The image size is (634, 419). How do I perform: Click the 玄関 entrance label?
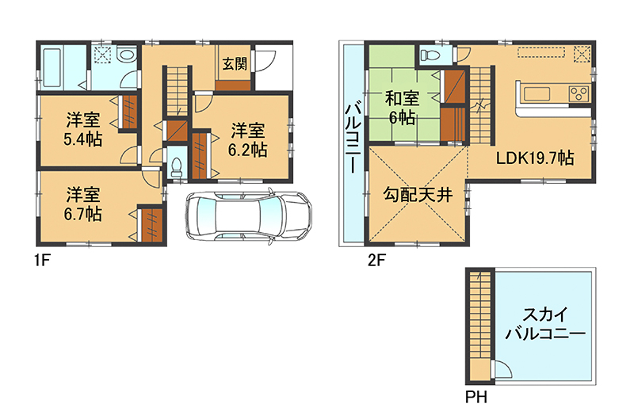[x=235, y=63]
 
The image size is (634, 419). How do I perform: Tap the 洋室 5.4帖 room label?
[x=83, y=129]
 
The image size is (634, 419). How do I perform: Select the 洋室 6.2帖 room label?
[x=247, y=140]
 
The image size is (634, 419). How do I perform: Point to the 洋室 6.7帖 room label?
[x=83, y=204]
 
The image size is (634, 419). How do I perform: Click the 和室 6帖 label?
[x=402, y=108]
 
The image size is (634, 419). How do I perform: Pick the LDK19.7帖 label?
[x=535, y=158]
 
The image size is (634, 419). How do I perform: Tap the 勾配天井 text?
[x=418, y=195]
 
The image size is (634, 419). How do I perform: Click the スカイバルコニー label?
[x=545, y=324]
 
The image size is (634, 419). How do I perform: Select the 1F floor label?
[x=42, y=261]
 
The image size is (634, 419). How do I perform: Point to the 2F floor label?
[x=376, y=261]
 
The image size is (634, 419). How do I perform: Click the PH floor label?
[x=476, y=397]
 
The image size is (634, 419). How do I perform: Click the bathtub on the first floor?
[x=52, y=68]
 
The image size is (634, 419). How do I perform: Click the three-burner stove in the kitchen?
[x=579, y=94]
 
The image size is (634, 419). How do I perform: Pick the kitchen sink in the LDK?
[x=537, y=94]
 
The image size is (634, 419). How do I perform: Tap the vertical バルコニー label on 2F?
[x=350, y=138]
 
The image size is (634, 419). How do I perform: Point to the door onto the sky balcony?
[x=502, y=368]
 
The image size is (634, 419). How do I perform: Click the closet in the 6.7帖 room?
[x=151, y=225]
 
